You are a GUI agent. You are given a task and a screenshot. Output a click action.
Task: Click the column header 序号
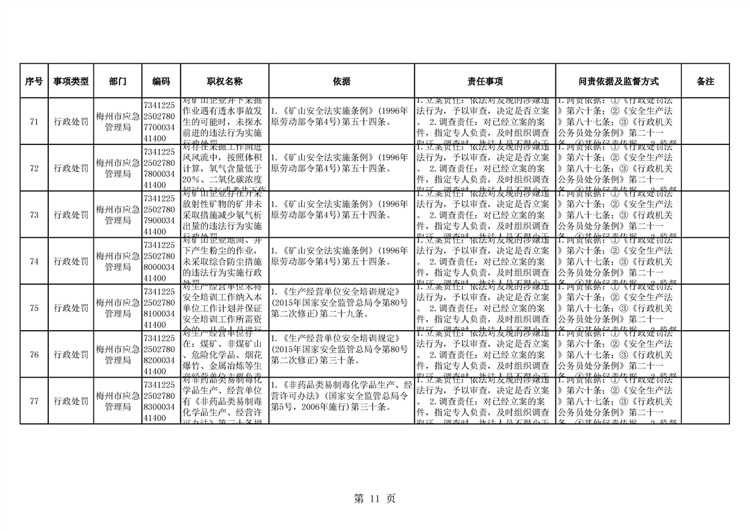coord(33,81)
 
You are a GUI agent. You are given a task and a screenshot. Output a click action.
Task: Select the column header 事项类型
coord(71,81)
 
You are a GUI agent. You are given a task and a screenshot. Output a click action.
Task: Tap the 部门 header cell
coord(118,81)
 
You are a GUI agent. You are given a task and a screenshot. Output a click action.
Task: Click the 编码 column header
coord(161,81)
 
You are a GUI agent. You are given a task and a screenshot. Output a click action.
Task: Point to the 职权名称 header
coord(225,81)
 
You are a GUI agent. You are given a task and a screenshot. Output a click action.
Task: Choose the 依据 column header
coord(342,81)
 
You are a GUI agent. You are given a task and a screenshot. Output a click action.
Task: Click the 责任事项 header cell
coord(485,81)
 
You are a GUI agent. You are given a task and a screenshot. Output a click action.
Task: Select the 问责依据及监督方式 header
coord(618,81)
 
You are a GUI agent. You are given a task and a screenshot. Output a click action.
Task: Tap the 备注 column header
coord(705,81)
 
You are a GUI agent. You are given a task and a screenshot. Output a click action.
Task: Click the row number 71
coord(33,121)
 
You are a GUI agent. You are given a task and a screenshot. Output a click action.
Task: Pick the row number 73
coord(33,215)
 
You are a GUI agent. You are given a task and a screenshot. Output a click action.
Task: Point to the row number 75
coord(33,307)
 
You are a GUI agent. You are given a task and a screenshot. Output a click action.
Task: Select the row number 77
coord(33,401)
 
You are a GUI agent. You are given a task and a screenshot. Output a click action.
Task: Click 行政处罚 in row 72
coord(71,168)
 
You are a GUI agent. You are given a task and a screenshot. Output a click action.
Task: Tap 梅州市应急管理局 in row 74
coord(118,261)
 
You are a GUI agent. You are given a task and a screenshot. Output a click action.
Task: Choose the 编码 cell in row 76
coord(161,354)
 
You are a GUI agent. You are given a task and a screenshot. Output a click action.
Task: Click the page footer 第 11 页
coord(374,499)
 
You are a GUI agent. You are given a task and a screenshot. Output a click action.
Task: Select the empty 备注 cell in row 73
coord(705,215)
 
